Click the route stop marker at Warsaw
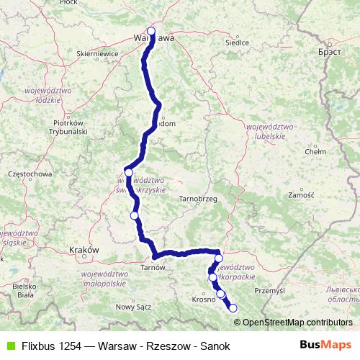click(151, 31)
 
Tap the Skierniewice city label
click(97, 53)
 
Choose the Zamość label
click(300, 195)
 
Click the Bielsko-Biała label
click(17, 290)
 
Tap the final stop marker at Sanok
click(233, 308)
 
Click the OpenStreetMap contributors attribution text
click(297, 322)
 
